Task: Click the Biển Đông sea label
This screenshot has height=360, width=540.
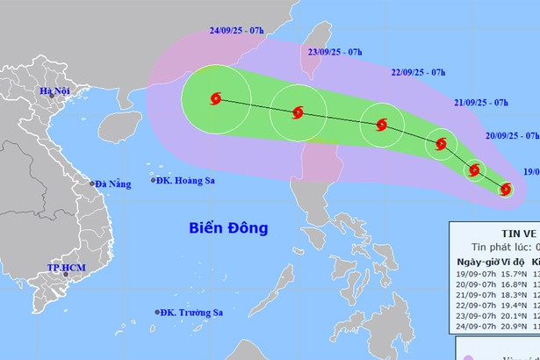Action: click(228, 228)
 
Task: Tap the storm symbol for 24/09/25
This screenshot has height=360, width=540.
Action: click(216, 99)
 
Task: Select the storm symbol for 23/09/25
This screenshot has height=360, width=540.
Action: click(299, 112)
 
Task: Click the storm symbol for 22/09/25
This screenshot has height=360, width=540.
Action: click(381, 125)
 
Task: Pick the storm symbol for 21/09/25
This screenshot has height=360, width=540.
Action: click(441, 144)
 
